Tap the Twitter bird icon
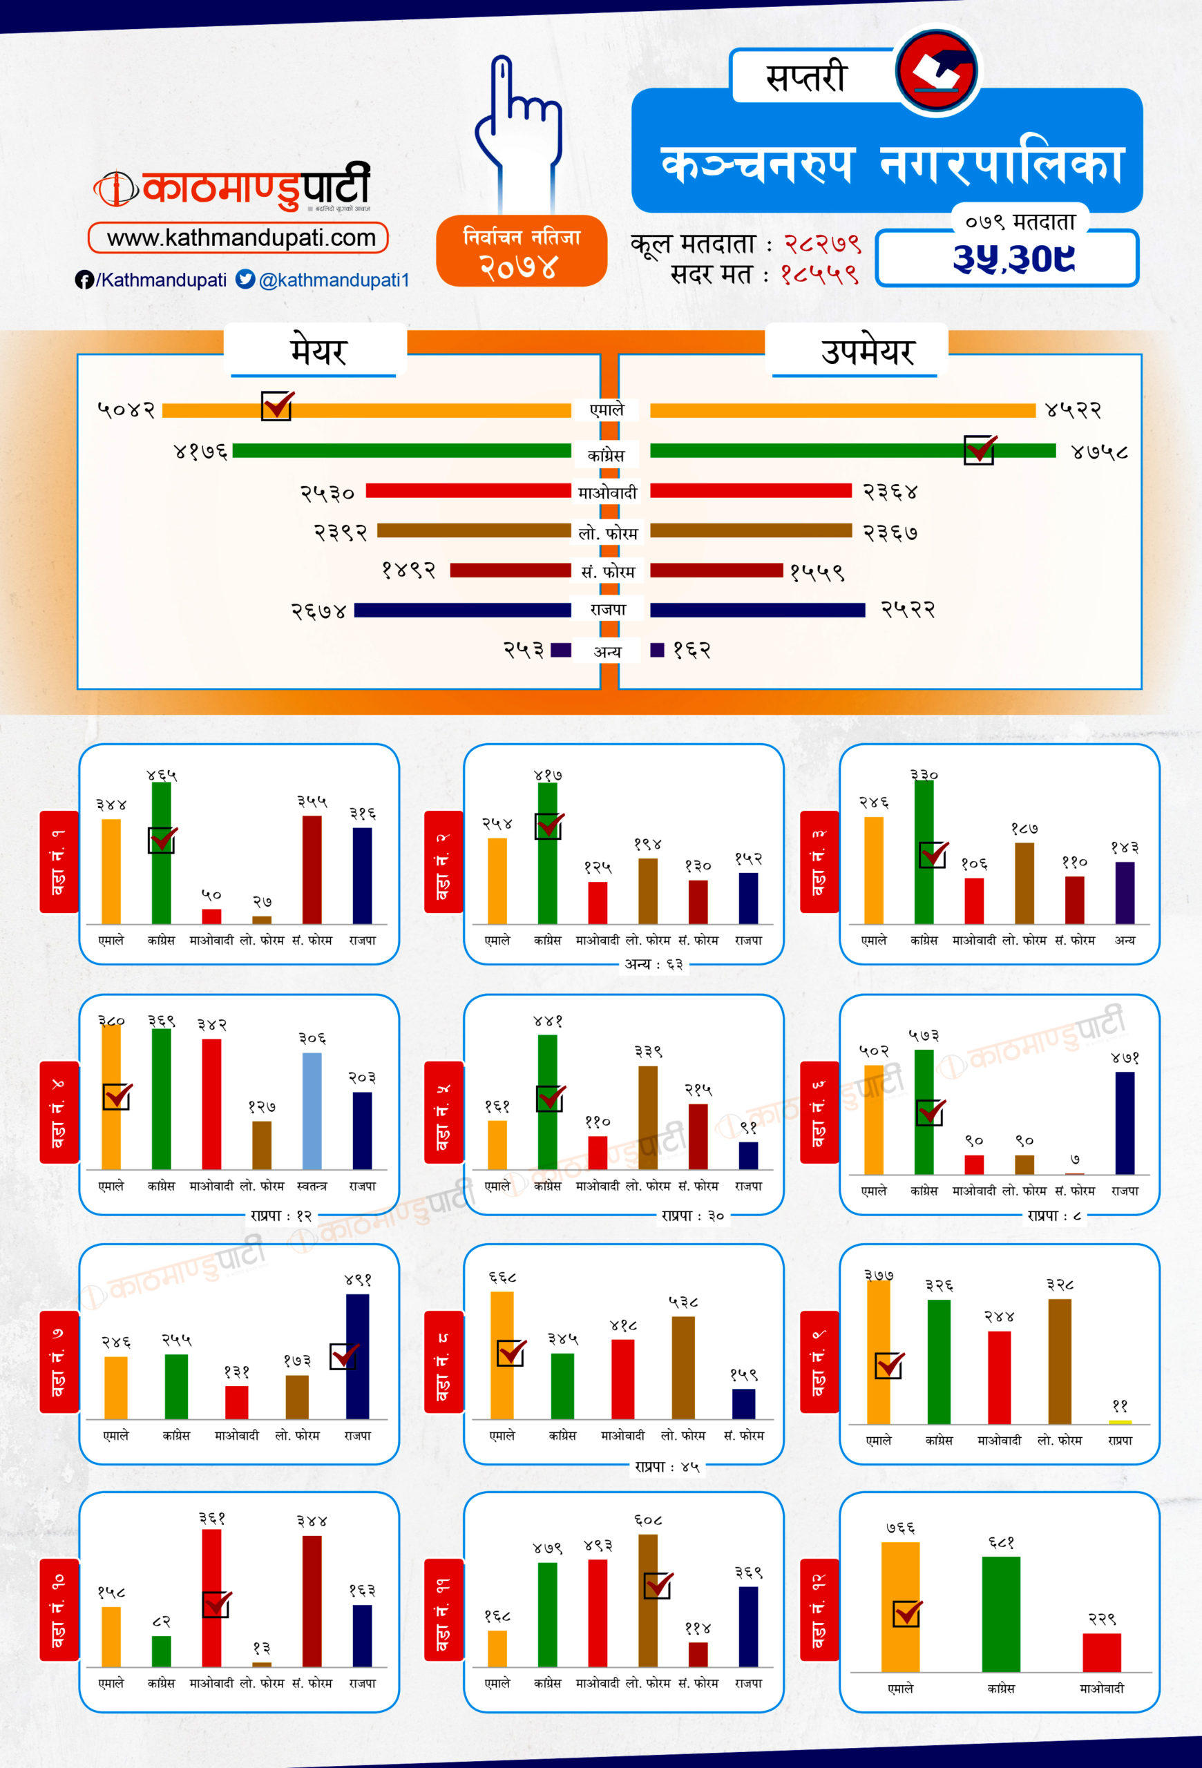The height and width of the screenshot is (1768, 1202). point(245,279)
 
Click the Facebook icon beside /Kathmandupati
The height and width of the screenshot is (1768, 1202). point(84,280)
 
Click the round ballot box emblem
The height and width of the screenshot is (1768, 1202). point(937,70)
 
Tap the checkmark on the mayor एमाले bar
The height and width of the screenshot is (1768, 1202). point(277,405)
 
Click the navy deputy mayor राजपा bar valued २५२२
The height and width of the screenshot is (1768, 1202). point(757,610)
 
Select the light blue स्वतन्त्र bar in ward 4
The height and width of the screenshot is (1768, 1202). point(312,1111)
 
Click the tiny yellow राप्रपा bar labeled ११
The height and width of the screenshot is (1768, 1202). point(1120,1422)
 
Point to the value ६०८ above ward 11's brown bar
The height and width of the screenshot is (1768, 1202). point(647,1520)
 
